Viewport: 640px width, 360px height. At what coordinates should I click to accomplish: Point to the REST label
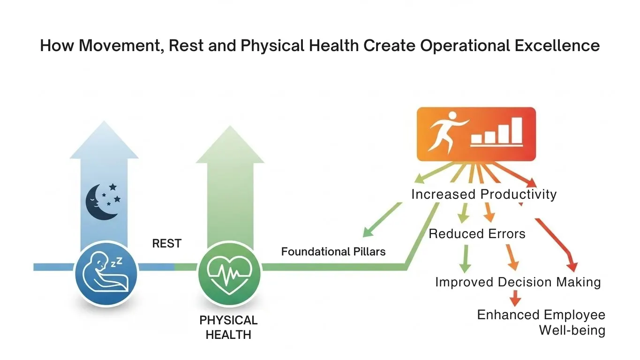tap(166, 244)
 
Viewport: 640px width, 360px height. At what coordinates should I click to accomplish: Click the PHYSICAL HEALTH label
tap(228, 327)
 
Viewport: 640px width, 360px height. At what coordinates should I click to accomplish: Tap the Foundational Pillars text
tap(333, 252)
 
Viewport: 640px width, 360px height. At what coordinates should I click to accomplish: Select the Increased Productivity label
tap(484, 194)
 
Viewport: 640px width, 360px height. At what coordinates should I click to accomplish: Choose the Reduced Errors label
tap(477, 233)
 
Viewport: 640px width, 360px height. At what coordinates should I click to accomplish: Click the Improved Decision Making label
tap(518, 282)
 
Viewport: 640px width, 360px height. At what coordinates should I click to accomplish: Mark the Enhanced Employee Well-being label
tap(541, 322)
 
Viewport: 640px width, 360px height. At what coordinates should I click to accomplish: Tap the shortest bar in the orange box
tap(476, 138)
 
